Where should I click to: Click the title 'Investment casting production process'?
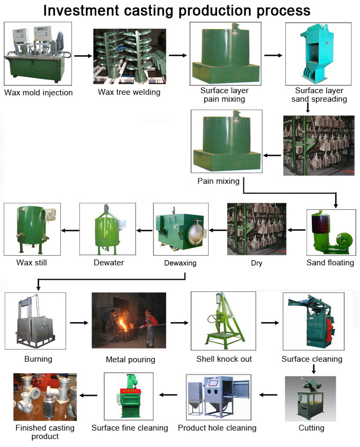click(x=177, y=10)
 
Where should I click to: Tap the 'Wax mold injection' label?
click(x=39, y=93)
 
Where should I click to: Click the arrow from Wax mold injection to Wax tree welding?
click(x=82, y=55)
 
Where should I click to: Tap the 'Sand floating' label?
click(x=330, y=262)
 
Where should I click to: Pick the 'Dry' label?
click(x=257, y=263)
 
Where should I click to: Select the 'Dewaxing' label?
click(x=178, y=263)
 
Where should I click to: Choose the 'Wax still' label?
click(x=30, y=262)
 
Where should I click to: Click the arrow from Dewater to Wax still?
click(x=70, y=230)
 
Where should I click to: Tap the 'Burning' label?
click(x=38, y=359)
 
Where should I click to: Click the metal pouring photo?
click(x=129, y=320)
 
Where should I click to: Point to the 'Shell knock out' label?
click(x=224, y=359)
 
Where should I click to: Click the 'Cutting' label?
click(x=311, y=427)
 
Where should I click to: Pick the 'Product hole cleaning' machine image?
click(x=217, y=397)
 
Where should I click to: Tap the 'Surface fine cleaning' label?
click(x=130, y=427)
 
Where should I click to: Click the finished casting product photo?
click(x=45, y=397)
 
